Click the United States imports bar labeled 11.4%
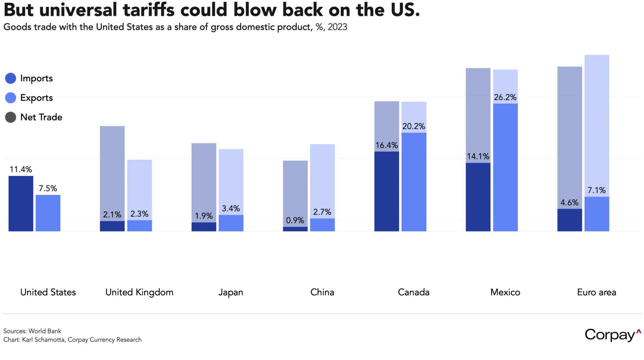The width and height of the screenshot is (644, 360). click(21, 203)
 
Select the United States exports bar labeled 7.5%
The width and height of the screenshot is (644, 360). click(48, 213)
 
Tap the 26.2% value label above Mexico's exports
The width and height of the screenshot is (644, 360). click(505, 97)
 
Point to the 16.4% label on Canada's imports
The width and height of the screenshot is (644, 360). click(387, 145)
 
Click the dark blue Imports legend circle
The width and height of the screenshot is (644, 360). click(11, 78)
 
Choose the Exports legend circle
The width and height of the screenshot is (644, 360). click(11, 98)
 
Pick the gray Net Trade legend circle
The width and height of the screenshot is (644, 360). click(11, 117)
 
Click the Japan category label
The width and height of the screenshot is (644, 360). click(231, 292)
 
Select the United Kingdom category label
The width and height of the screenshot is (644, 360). click(139, 292)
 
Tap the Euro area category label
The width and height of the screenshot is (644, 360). click(597, 292)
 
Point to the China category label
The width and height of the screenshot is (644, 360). click(322, 292)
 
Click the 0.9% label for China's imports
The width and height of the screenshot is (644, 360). click(295, 220)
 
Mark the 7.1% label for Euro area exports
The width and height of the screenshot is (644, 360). click(597, 190)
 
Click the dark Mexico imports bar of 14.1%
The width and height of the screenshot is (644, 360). click(478, 197)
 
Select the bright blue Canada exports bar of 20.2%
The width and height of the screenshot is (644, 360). click(414, 182)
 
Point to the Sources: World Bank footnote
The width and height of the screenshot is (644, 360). click(32, 331)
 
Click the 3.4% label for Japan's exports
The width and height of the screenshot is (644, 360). click(231, 208)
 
